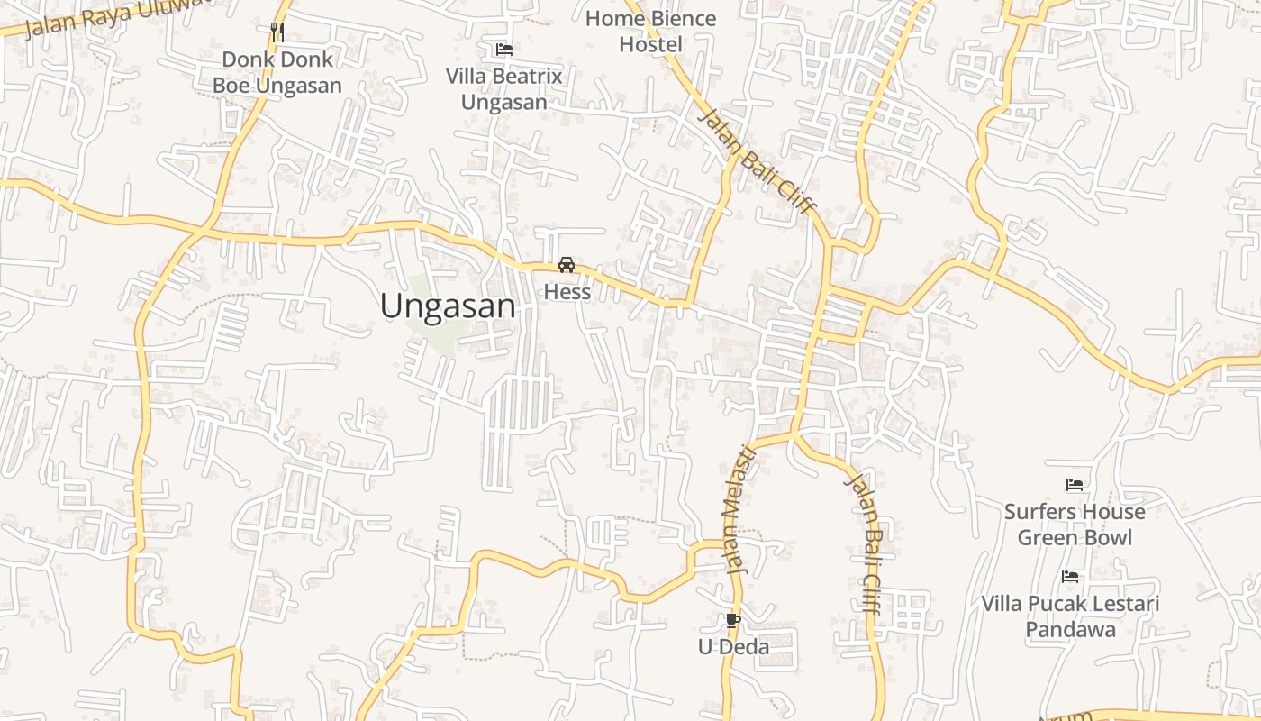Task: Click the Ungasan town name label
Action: point(448,306)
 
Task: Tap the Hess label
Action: point(567,292)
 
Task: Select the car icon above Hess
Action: point(567,265)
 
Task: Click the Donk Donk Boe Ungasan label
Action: point(277,73)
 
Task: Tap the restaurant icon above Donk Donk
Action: point(277,32)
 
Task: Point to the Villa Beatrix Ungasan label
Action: point(504,89)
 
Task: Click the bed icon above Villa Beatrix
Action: point(504,50)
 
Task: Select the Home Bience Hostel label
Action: point(650,32)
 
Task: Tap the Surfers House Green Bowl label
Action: point(1075,525)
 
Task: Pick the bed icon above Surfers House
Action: point(1074,485)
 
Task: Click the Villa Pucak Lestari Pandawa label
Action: point(1070,616)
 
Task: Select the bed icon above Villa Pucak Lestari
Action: point(1070,577)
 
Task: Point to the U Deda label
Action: point(734,647)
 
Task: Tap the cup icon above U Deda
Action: point(732,620)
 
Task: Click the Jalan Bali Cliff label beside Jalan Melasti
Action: point(863,543)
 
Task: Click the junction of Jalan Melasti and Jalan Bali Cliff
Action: point(794,435)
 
